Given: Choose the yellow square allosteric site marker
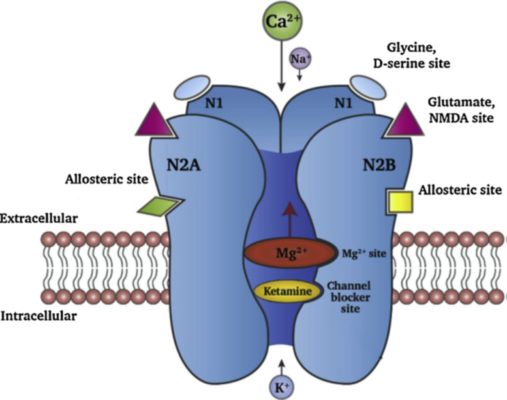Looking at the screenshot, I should tap(397, 201).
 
